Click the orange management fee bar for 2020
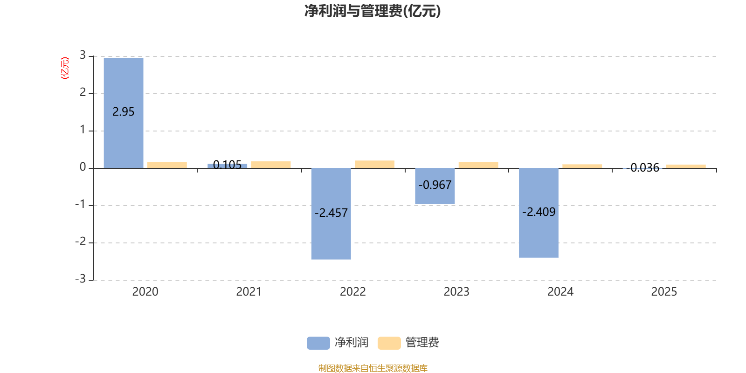[x=167, y=165]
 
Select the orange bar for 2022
[x=374, y=164]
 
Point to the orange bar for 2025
[x=686, y=166]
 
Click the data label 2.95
[x=123, y=112]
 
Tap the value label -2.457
[x=331, y=213]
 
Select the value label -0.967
[x=435, y=185]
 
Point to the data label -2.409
[x=539, y=212]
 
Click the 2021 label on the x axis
[x=249, y=291]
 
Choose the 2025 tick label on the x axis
[x=664, y=291]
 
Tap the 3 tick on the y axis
[x=83, y=55]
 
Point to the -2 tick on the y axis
[x=81, y=242]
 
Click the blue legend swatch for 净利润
[x=318, y=343]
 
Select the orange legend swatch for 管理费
[x=389, y=343]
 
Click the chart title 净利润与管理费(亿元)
[x=373, y=11]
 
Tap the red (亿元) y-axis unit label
[x=65, y=68]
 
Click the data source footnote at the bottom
[x=373, y=368]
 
